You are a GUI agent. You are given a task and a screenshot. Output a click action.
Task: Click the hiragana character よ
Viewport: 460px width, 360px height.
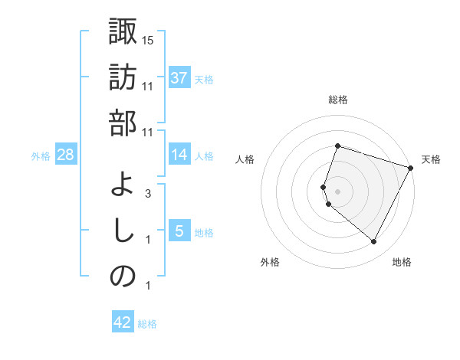123,185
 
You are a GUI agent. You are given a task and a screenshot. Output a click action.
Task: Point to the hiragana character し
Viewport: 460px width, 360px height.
123,231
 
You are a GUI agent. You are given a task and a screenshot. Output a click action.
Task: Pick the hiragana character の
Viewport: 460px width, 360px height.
123,277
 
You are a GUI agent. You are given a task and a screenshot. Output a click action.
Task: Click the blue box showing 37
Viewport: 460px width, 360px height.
179,78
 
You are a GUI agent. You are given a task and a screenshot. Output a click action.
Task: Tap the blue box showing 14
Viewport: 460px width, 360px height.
179,155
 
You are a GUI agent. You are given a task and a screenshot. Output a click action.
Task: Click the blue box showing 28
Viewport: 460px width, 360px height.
66,155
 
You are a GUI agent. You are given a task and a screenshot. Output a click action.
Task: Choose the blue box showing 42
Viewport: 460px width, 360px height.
122,322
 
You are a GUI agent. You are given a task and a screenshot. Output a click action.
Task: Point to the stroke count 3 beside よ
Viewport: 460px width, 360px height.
147,194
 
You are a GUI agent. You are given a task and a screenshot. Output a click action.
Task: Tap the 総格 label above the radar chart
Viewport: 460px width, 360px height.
337,100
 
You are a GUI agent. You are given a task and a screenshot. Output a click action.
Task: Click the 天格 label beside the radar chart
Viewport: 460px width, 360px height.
431,159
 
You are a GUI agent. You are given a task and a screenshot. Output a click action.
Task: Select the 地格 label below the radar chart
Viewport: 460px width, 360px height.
402,262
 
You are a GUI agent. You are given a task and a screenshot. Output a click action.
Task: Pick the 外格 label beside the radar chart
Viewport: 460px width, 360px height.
270,262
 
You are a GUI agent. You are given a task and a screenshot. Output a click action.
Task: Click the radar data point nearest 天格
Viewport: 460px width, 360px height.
411,167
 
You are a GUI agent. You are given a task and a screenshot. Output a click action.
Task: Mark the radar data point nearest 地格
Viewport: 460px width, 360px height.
373,242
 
